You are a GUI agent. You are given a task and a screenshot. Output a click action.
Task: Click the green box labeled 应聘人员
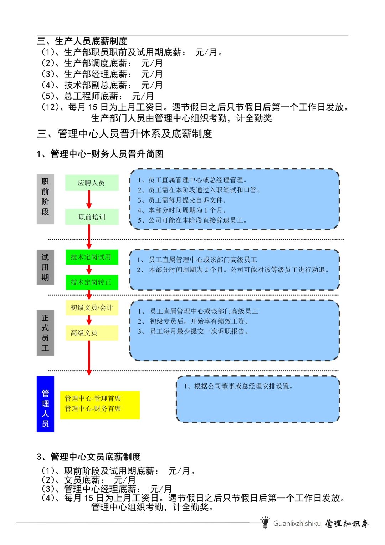coord(92,183)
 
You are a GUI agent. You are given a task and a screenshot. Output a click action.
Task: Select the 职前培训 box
coord(92,217)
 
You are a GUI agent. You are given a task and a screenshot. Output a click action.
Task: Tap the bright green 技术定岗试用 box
coord(92,257)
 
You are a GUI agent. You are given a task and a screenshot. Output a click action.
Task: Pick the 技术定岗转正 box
coord(92,282)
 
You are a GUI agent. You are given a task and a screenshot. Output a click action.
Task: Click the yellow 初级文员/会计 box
coord(92,307)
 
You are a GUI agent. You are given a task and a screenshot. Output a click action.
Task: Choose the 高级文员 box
coord(92,333)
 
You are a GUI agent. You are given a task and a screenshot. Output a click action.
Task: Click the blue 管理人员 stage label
coord(45,404)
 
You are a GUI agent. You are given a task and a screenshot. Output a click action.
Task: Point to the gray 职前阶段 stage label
coord(45,199)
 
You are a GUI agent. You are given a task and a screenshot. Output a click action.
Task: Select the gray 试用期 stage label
coord(45,267)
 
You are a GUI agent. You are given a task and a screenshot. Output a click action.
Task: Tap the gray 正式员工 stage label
coord(45,333)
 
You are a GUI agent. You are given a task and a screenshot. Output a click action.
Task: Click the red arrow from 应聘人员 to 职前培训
coord(89,200)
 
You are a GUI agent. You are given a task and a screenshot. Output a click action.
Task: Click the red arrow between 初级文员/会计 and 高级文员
coord(89,320)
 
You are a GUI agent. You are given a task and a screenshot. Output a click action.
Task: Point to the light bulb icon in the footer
coord(265,523)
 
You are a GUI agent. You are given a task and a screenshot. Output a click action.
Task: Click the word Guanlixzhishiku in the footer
coord(297,524)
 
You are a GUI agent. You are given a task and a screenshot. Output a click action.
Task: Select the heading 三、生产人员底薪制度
coord(82,41)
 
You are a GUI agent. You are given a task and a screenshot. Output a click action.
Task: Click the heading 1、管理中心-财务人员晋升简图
coord(100,154)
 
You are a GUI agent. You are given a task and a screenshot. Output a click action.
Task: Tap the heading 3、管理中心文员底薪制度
coord(89,457)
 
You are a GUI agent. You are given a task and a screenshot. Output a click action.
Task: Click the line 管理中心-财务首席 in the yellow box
coord(93,409)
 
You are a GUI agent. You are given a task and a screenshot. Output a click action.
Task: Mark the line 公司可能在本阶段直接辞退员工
coord(192,220)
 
